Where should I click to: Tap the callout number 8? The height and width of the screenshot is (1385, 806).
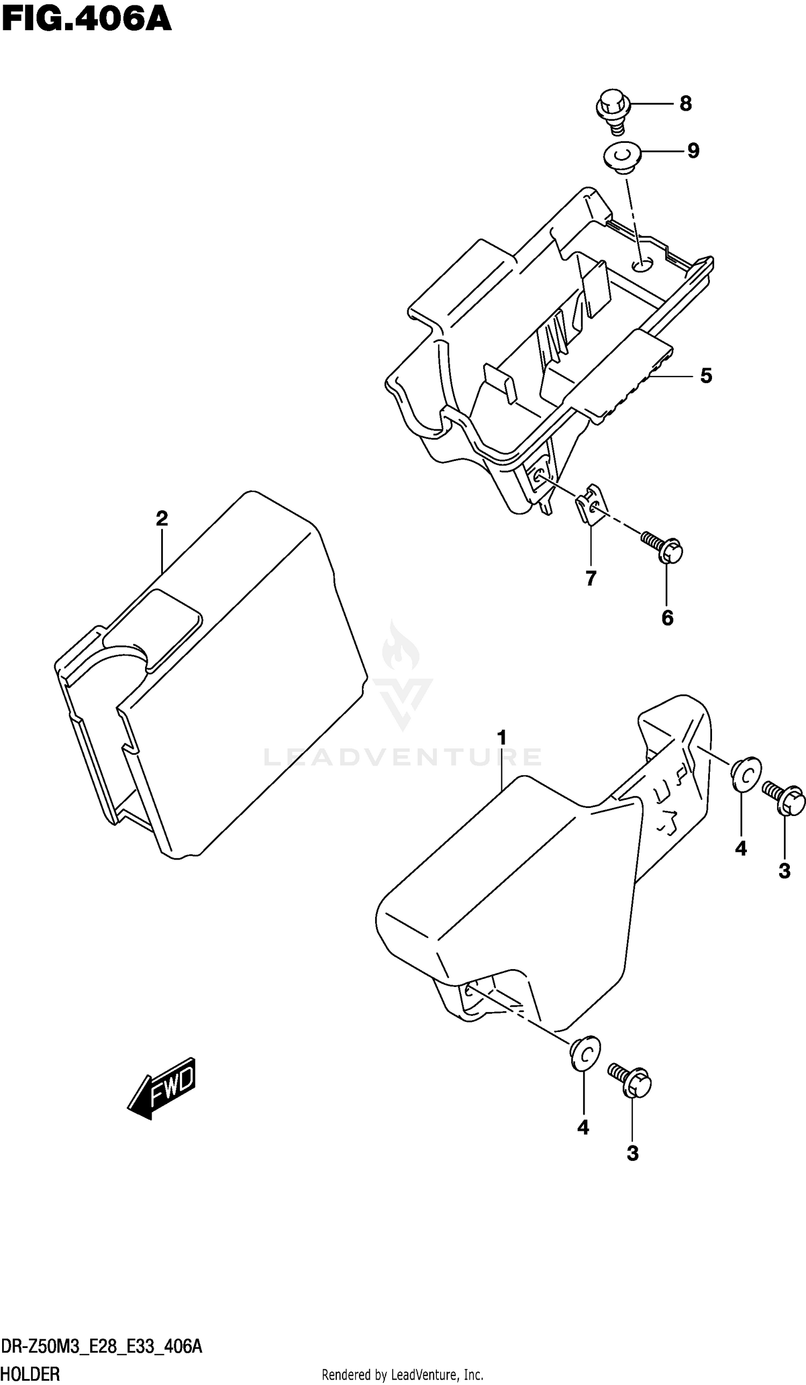(685, 103)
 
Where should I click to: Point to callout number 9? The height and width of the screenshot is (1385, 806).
(693, 150)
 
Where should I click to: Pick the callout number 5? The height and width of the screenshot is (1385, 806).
(706, 376)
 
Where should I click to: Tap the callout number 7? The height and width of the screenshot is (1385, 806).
(591, 578)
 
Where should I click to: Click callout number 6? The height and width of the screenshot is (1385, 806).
(667, 618)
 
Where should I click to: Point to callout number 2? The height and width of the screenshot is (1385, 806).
(162, 518)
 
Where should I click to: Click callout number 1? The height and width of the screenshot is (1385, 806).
(501, 738)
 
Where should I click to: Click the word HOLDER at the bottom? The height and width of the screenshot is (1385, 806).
(31, 1375)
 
